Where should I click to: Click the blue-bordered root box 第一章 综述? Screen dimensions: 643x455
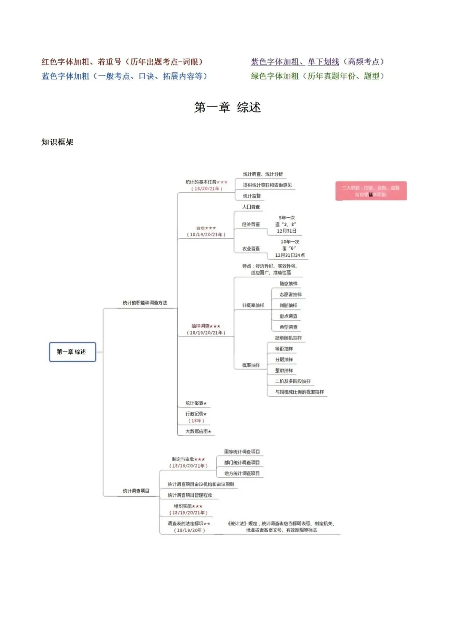72,352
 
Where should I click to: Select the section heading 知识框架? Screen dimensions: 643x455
57,142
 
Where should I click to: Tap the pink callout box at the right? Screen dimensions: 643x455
371,191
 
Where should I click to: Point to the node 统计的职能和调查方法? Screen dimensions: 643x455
145,303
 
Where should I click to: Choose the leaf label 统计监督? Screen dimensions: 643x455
252,196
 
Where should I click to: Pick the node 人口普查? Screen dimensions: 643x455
251,207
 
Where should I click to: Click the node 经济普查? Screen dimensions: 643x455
251,224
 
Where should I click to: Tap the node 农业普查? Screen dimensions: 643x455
251,249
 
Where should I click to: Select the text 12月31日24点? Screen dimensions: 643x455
290,255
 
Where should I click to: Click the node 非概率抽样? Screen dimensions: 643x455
253,305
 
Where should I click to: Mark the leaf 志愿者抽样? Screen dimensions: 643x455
290,294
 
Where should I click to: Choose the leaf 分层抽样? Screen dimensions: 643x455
284,360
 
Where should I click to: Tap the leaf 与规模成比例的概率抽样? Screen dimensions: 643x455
300,392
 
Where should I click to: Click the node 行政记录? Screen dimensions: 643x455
196,414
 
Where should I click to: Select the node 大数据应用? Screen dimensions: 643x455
198,432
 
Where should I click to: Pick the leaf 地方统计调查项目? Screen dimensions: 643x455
242,473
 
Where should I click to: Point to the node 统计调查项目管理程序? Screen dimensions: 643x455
190,495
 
